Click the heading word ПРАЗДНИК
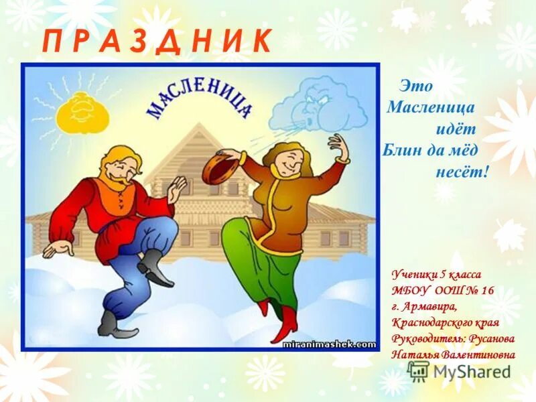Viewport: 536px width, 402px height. [x=157, y=42]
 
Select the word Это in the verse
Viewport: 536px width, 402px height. [x=416, y=86]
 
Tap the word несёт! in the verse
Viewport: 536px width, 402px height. [x=463, y=172]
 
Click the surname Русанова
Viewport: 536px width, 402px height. [x=476, y=338]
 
